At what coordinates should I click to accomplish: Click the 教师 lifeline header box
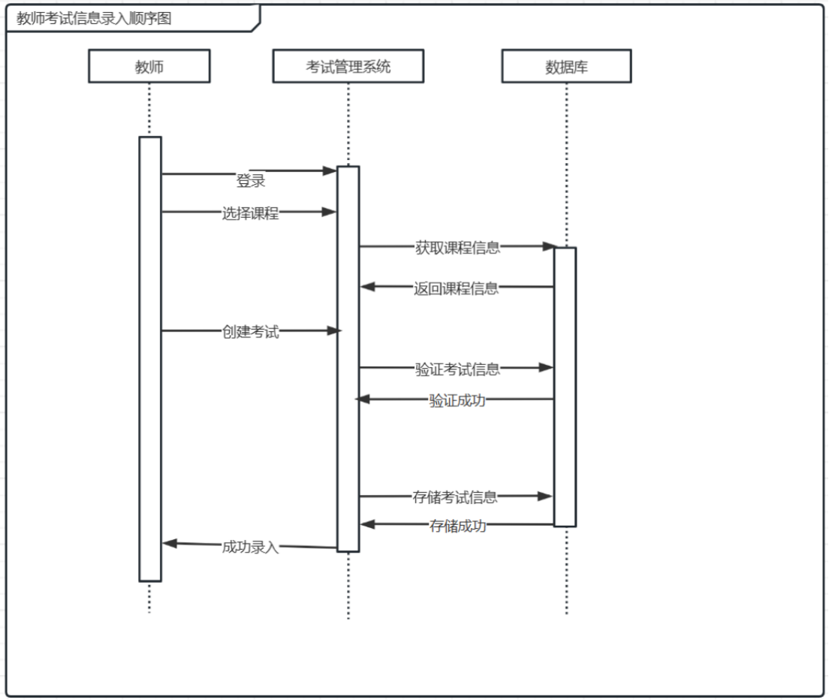(149, 67)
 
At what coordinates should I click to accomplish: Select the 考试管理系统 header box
(348, 67)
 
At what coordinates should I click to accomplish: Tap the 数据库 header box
(566, 67)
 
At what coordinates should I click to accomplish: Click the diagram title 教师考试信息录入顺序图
(94, 19)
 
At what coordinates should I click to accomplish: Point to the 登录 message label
(251, 181)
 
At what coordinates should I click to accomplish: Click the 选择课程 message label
(250, 213)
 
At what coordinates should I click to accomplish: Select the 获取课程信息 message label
(457, 247)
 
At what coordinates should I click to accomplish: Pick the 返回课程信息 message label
(456, 288)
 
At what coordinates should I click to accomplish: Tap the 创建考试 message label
(250, 331)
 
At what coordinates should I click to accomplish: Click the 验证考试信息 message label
(457, 368)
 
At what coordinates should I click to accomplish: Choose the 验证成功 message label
(457, 400)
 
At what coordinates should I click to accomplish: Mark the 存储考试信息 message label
(455, 496)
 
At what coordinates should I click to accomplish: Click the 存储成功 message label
(457, 525)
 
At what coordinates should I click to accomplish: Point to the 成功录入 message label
(250, 546)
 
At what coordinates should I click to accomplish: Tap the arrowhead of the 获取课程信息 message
(549, 246)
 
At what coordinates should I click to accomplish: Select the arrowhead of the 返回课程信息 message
(367, 286)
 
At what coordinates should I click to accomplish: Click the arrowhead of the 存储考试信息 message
(546, 496)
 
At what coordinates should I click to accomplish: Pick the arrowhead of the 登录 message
(330, 171)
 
